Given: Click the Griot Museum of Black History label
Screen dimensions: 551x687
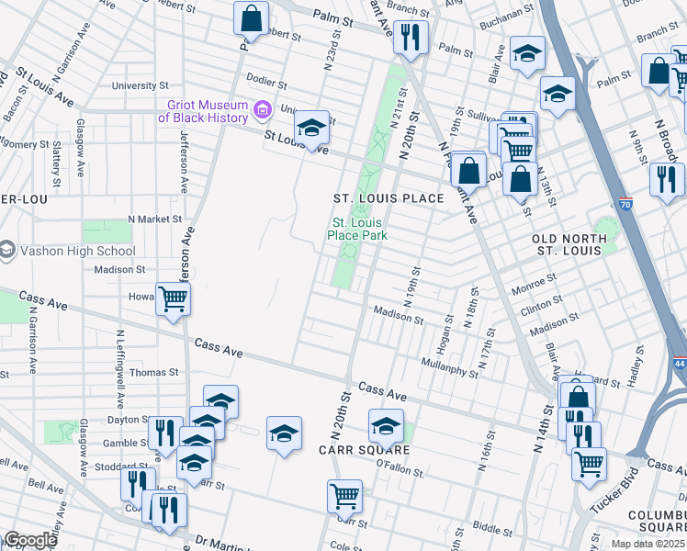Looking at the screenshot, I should pos(203,111).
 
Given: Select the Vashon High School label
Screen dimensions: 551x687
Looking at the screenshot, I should pos(76,251).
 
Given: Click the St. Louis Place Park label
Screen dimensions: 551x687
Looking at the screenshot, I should pos(357,229).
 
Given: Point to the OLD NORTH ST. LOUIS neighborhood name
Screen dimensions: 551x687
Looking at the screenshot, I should pos(569,244).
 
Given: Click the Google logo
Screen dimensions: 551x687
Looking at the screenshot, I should pos(30,540).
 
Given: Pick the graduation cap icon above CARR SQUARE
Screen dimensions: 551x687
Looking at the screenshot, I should pos(386,426).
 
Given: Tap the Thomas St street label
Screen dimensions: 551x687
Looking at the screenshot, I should pos(153,372).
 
